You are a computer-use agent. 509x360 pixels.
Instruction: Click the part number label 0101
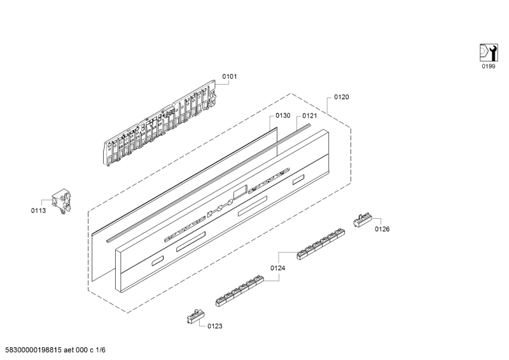230,76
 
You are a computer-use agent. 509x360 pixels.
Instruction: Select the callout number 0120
342,97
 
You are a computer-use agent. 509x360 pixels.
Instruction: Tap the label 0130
282,116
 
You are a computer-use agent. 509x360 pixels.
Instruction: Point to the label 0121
310,116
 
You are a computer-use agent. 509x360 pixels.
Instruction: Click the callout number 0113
38,211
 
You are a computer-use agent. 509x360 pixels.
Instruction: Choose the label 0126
382,229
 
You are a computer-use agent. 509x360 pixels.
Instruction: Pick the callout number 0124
278,268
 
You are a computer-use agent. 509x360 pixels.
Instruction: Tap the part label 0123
215,326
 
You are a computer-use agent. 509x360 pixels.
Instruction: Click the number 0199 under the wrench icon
488,66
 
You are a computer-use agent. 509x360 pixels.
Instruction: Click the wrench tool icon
489,53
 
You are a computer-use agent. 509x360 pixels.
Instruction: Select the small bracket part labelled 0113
62,202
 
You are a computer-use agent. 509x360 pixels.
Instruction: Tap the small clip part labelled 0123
196,316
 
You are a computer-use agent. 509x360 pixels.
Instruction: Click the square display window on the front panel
241,192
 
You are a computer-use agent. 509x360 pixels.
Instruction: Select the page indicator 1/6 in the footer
101,350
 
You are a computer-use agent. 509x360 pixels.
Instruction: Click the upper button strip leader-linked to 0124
321,244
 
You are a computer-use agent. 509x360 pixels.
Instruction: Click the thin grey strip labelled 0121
209,183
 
